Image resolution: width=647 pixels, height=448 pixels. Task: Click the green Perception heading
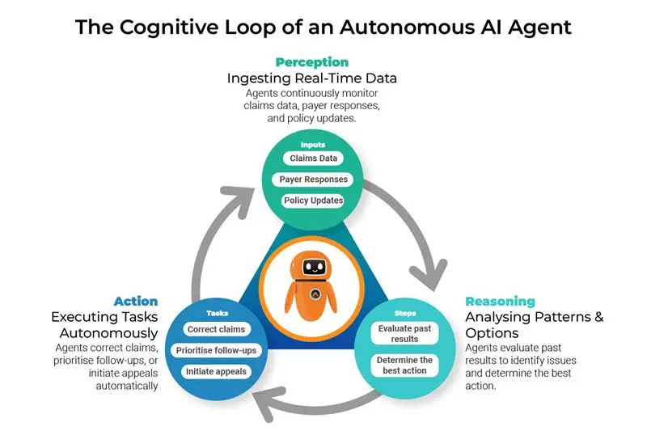(x=311, y=62)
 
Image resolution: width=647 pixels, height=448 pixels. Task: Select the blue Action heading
(x=136, y=301)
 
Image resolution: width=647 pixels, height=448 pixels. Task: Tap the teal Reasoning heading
(x=500, y=301)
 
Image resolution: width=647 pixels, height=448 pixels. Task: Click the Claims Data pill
(x=313, y=158)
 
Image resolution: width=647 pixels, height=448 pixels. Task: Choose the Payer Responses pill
(x=313, y=180)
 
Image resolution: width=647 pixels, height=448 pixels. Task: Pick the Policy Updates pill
(x=313, y=200)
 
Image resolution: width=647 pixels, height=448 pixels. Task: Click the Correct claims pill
(x=215, y=330)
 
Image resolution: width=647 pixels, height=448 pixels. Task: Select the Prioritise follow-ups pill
(x=215, y=350)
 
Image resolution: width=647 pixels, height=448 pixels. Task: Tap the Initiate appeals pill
(x=215, y=371)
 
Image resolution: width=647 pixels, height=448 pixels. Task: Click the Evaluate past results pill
(x=404, y=334)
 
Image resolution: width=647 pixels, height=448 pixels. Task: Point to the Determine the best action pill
(x=404, y=365)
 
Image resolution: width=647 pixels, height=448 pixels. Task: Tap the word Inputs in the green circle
(x=313, y=145)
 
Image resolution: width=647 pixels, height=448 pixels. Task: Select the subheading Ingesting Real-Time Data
(x=311, y=78)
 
